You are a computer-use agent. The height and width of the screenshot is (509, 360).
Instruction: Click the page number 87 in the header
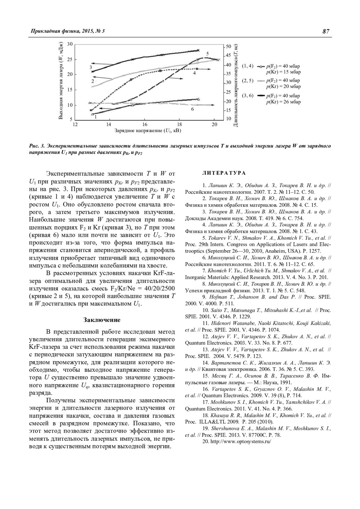(x=326, y=31)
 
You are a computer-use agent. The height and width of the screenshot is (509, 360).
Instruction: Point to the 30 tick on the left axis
(x=70, y=44)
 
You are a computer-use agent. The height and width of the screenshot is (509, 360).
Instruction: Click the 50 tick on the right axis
(x=229, y=46)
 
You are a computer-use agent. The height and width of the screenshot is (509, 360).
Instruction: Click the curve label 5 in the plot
(x=207, y=54)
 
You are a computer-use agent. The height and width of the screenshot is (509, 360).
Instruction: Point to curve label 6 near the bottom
(x=192, y=109)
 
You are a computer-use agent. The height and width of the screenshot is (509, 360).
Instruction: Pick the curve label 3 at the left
(x=91, y=67)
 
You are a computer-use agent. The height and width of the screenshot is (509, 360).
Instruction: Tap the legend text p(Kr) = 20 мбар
(x=283, y=86)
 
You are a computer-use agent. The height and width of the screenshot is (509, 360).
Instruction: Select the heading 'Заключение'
(x=102, y=320)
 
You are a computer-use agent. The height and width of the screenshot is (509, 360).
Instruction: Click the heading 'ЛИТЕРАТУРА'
(x=224, y=173)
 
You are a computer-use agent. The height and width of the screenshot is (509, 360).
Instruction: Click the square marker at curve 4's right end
(x=197, y=69)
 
